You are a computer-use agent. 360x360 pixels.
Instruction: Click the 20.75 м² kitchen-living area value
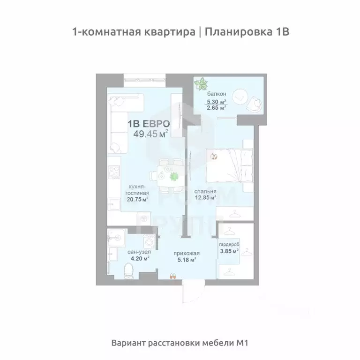pos(137,199)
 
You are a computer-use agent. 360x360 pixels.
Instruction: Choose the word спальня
pos(206,192)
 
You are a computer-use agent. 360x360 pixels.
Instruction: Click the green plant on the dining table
pos(174,177)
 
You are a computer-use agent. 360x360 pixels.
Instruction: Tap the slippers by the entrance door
pos(172,277)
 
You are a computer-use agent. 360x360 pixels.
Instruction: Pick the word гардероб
pos(229,245)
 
